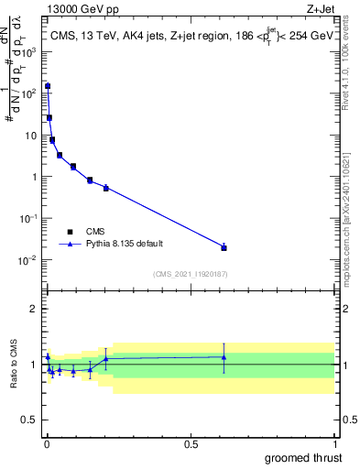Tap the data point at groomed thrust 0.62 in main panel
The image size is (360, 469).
tap(224, 247)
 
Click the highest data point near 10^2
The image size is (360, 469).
tap(48, 86)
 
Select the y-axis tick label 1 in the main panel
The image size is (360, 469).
tap(36, 177)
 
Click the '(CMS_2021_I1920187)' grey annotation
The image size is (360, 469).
tap(191, 274)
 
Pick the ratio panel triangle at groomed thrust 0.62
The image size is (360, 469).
tap(224, 357)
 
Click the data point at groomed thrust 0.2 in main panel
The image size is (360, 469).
tap(106, 188)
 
